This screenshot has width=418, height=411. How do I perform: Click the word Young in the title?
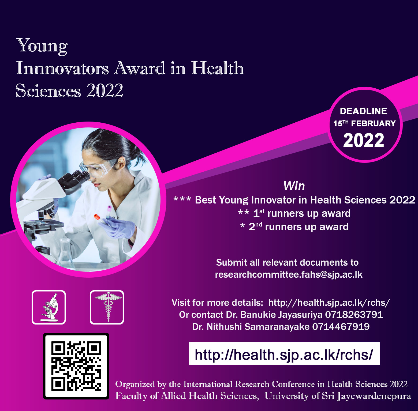pyautogui.click(x=42, y=46)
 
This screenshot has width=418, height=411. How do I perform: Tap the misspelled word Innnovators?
pyautogui.click(x=62, y=68)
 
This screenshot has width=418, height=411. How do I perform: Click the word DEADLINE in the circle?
pyautogui.click(x=363, y=111)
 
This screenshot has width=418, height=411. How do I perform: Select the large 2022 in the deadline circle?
pyautogui.click(x=364, y=140)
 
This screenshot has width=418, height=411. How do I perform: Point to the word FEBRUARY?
pyautogui.click(x=373, y=123)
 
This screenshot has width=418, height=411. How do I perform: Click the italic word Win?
pyautogui.click(x=294, y=186)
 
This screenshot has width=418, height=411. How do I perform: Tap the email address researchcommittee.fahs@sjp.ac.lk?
pyautogui.click(x=289, y=275)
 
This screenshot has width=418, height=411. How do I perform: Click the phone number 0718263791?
pyautogui.click(x=354, y=315)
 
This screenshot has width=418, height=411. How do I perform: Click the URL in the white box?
pyautogui.click(x=284, y=355)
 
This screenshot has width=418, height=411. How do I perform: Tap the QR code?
pyautogui.click(x=76, y=366)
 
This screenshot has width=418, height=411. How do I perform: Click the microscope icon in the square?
pyautogui.click(x=49, y=307)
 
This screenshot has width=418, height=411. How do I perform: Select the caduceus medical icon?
pyautogui.click(x=107, y=307)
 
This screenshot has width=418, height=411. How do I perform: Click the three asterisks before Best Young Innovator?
pyautogui.click(x=182, y=199)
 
